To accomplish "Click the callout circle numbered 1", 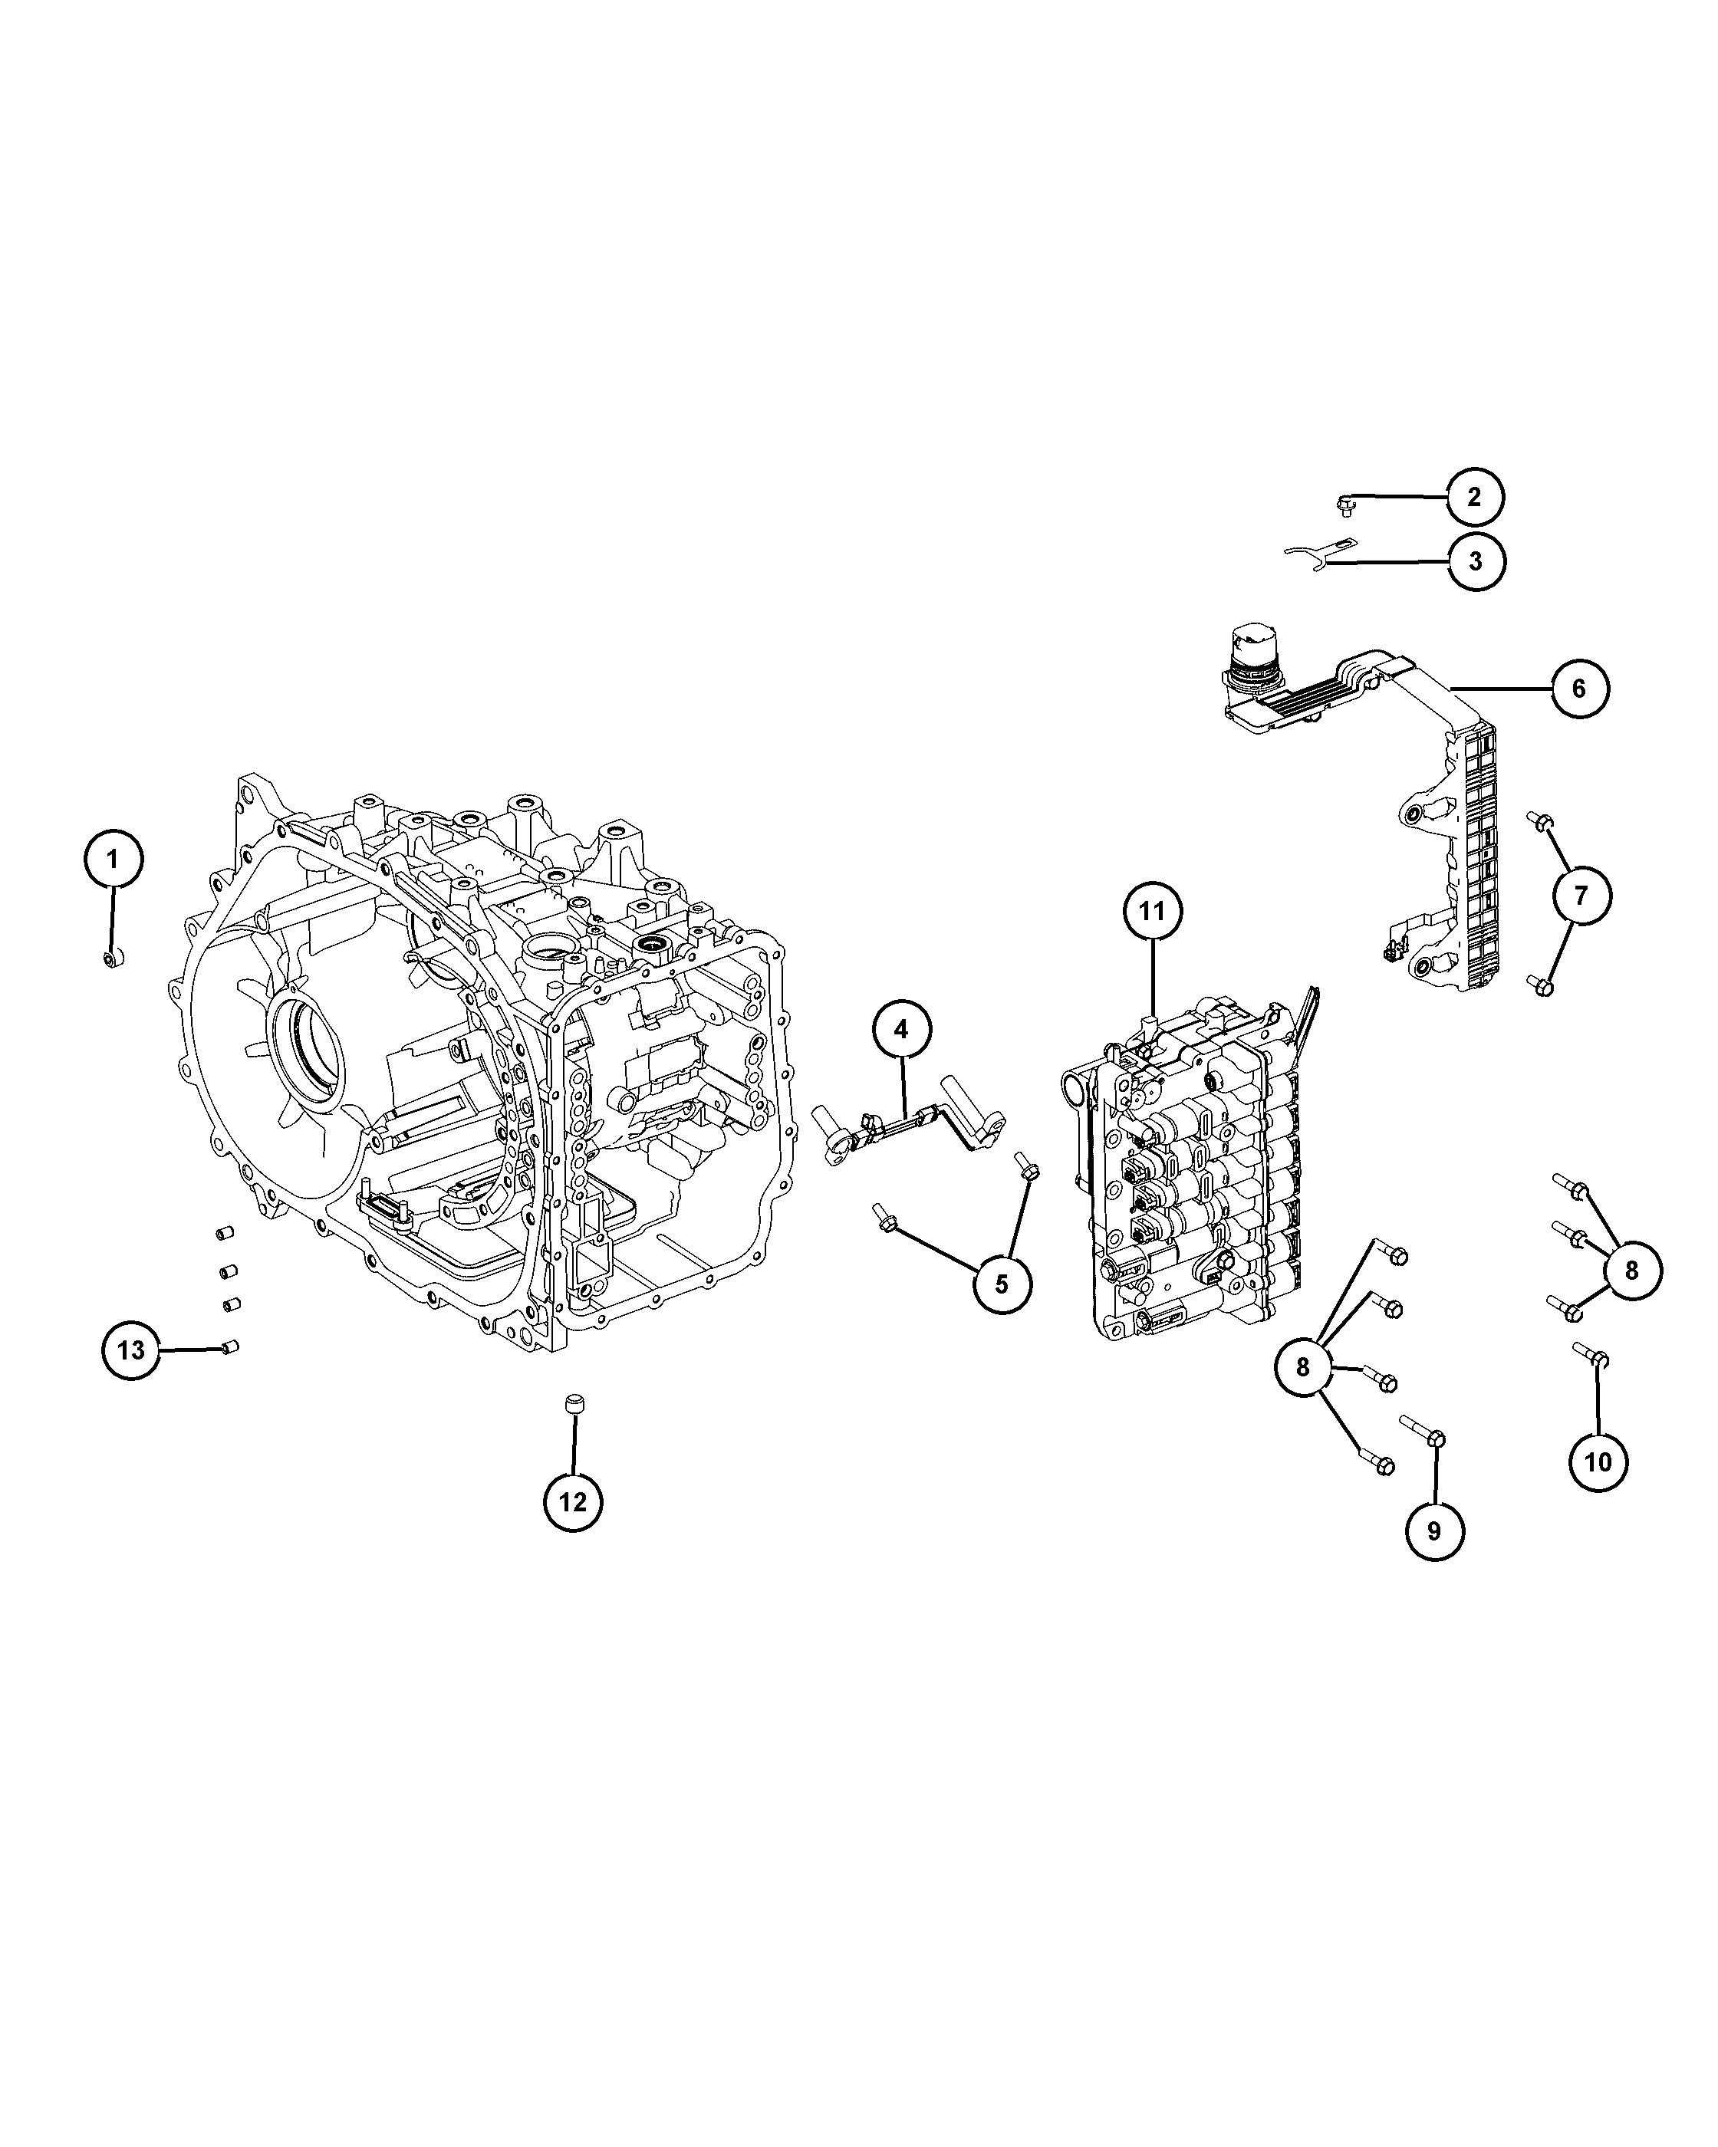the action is (113, 860).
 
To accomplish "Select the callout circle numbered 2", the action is (1474, 496).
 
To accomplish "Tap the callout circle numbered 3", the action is (1475, 561).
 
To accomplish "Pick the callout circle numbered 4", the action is (901, 1030).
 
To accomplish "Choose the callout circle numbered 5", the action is (1002, 1284).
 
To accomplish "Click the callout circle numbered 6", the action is (1580, 687).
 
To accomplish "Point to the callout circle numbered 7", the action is (1581, 896).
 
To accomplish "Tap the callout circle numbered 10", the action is (1598, 1461).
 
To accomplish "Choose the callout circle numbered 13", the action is (130, 1350).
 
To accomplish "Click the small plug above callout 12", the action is (573, 1404).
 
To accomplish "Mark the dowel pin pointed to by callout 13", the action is (230, 1347).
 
